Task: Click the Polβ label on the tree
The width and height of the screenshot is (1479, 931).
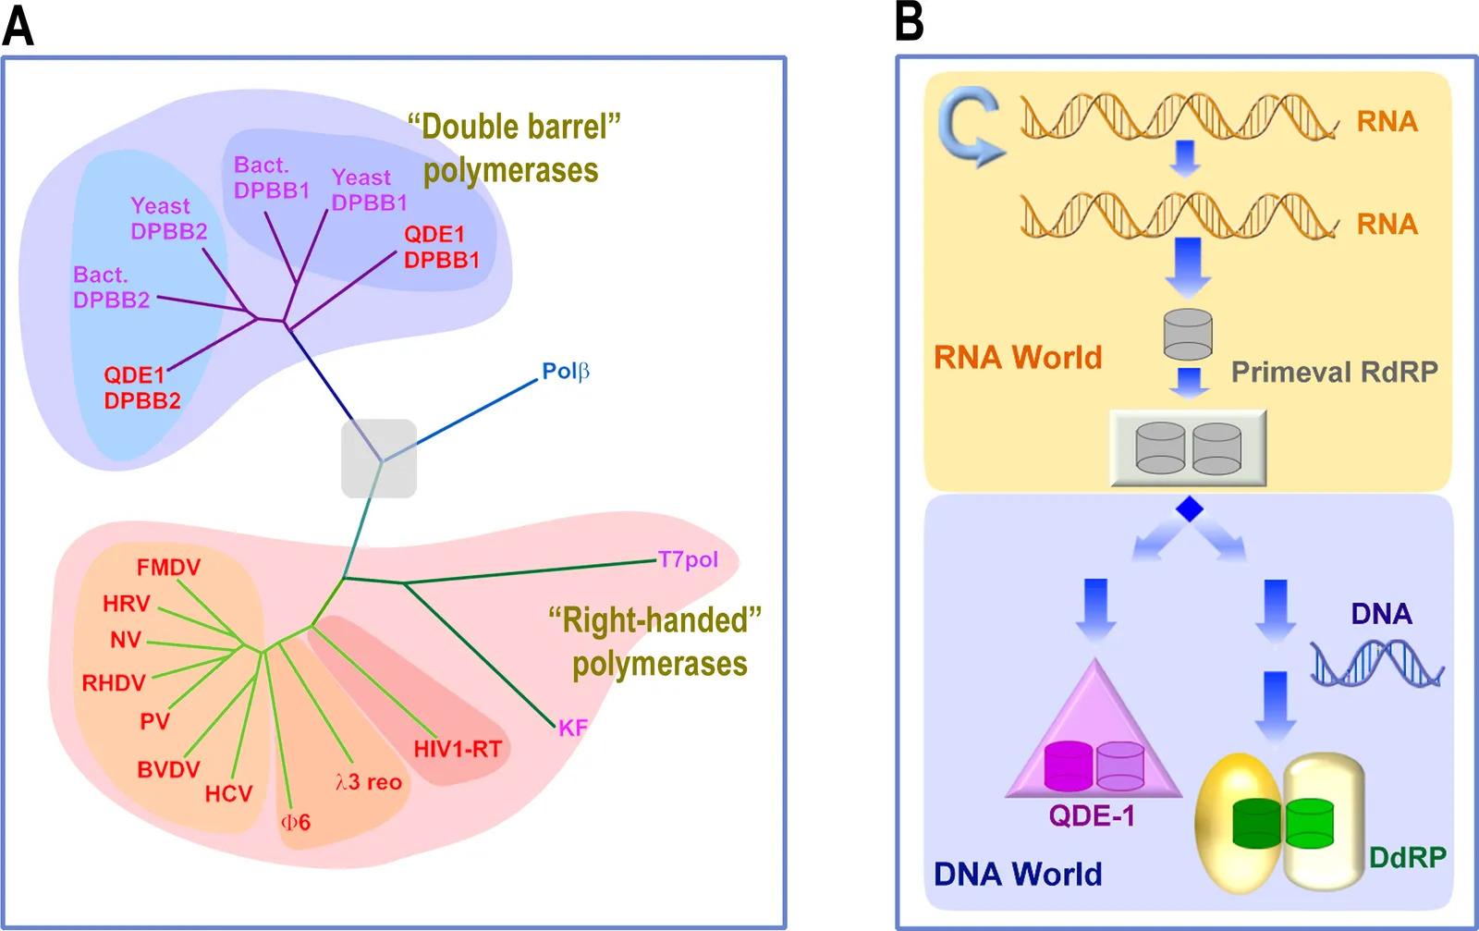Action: click(x=565, y=371)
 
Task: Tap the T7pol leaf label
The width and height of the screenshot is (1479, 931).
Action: click(x=688, y=560)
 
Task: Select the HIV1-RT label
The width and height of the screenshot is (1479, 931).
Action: click(x=458, y=749)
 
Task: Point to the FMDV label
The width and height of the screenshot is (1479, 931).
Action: click(x=168, y=567)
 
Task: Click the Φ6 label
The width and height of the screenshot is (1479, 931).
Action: click(x=296, y=822)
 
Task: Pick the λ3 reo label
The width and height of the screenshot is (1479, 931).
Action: click(x=369, y=782)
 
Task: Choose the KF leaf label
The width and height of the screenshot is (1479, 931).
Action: click(x=572, y=728)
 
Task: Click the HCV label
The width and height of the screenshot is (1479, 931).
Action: click(x=228, y=793)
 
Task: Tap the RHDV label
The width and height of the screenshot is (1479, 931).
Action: click(x=114, y=682)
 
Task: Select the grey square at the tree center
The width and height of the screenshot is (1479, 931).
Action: click(x=379, y=459)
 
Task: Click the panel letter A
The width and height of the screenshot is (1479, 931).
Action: click(x=18, y=26)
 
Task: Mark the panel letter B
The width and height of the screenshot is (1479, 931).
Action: click(x=910, y=21)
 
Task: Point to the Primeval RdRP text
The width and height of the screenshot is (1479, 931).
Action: click(x=1335, y=372)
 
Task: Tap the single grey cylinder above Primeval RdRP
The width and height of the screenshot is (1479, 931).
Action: click(x=1188, y=334)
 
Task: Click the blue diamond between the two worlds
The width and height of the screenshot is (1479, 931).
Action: click(x=1189, y=509)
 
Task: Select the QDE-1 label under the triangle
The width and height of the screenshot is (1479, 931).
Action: click(x=1092, y=816)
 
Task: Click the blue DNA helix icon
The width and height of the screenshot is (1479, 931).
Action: click(x=1377, y=664)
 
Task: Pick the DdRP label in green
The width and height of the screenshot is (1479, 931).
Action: click(x=1408, y=857)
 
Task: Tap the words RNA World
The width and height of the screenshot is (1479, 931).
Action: click(x=1018, y=357)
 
